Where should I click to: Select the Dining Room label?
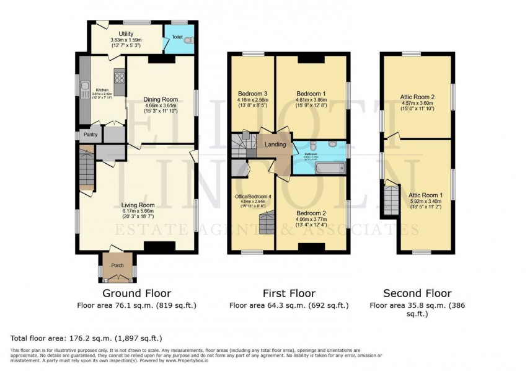161,99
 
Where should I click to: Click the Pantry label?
91,134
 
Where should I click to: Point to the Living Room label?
138,205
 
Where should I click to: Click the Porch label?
117,266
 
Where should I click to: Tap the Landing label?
275,145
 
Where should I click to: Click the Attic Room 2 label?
417,97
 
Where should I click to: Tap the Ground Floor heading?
138,293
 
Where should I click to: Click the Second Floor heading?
417,293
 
